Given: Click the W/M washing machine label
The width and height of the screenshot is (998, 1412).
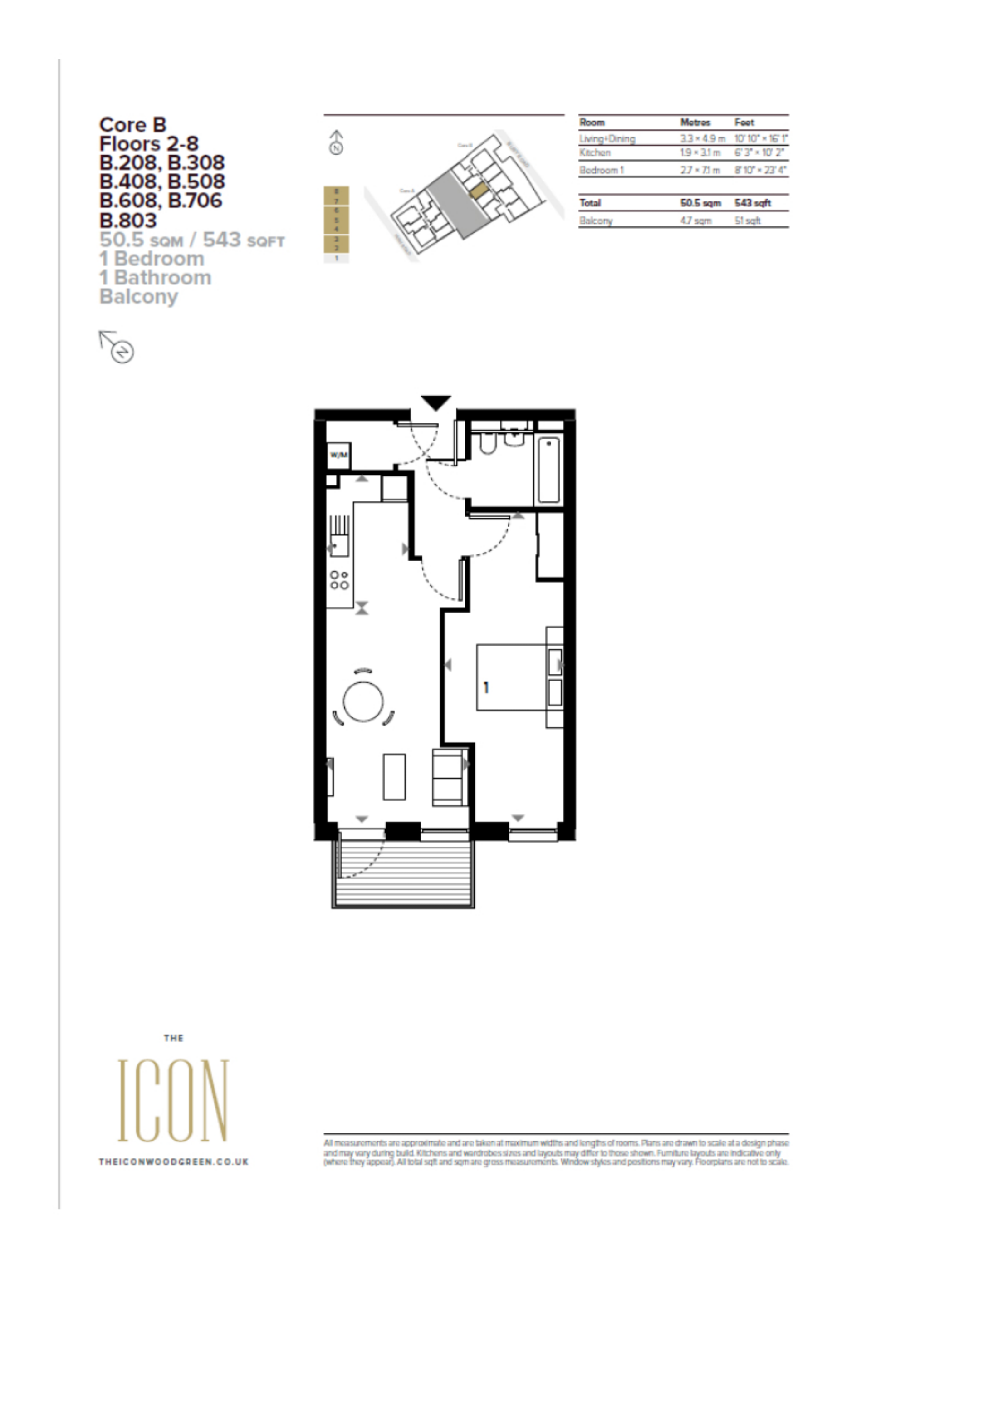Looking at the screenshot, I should [339, 455].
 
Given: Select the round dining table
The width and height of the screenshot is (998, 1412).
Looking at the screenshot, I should [363, 702].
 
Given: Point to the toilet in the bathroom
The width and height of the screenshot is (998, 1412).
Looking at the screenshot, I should [488, 443].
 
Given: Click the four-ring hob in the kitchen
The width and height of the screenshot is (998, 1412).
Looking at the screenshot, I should [339, 579].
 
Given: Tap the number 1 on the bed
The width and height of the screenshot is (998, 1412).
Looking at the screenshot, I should [486, 687].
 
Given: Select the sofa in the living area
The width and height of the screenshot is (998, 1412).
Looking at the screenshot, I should [450, 777].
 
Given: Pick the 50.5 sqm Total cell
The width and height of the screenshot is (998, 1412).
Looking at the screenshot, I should [700, 203].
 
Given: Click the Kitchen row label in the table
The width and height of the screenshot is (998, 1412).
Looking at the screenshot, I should [595, 152].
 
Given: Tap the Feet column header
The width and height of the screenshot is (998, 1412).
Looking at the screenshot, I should [744, 123].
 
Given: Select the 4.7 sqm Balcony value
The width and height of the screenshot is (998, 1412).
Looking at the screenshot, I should [695, 220].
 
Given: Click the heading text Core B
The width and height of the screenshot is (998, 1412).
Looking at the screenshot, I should [133, 125].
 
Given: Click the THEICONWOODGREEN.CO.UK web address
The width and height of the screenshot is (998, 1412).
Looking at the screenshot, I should [173, 1162].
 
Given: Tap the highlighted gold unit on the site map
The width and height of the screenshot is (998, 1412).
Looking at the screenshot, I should [478, 190].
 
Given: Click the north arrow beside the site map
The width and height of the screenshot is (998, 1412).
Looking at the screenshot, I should [336, 142].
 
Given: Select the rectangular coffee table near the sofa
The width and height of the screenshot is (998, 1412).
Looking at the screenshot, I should [394, 777].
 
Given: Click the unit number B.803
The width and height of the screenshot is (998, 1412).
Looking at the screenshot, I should [128, 220].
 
